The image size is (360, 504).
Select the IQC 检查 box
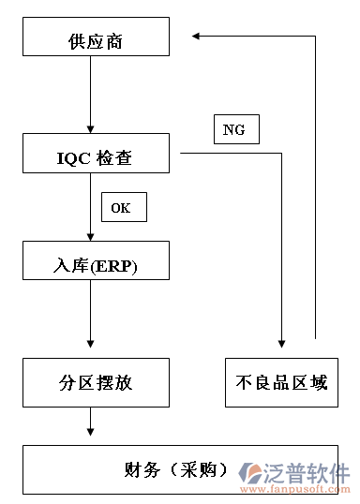(x=97, y=157)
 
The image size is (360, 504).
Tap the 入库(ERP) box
(x=97, y=266)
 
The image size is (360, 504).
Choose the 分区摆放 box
(x=97, y=382)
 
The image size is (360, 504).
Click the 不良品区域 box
(x=282, y=382)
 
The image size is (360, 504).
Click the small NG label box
(x=235, y=130)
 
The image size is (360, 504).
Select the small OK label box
(x=123, y=207)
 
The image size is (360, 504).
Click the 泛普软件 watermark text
(x=308, y=471)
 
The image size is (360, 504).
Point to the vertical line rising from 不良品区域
(x=316, y=187)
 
